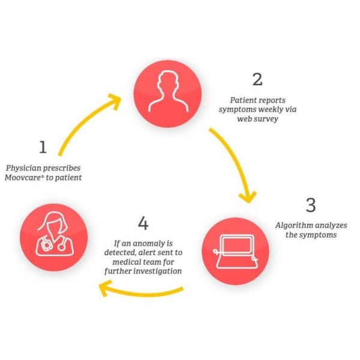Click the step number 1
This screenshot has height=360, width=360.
[43, 147]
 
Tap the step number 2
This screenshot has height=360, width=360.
[257, 79]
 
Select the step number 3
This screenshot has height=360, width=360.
[311, 205]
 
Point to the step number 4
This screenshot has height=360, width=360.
[143, 223]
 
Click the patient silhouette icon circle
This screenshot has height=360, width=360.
[167, 94]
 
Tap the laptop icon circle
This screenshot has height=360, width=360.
[236, 251]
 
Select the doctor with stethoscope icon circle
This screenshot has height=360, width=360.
[54, 238]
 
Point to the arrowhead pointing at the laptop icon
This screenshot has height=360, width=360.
[248, 197]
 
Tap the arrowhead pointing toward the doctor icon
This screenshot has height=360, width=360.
[104, 289]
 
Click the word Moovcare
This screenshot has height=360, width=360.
[23, 178]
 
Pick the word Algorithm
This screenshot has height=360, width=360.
[291, 226]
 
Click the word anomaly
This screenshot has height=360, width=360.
[146, 244]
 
